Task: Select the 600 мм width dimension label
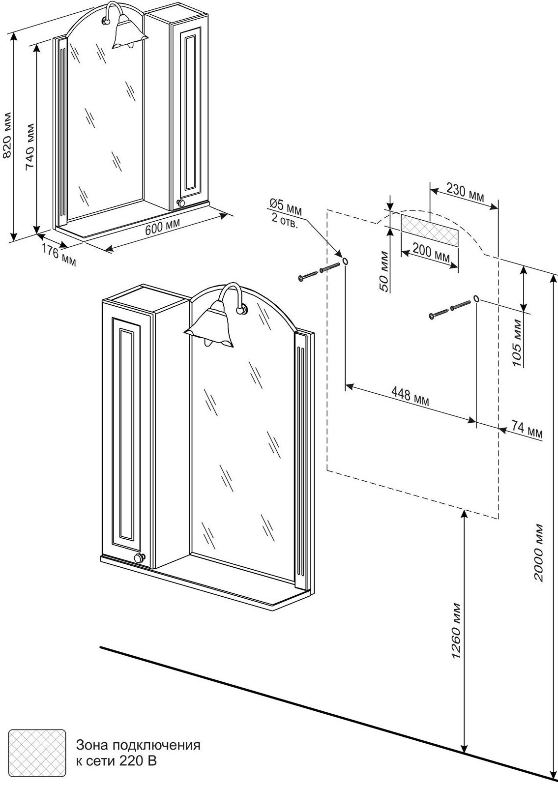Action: [x=163, y=227]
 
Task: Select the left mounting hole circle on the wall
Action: [x=345, y=261]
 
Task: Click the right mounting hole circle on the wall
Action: [x=476, y=298]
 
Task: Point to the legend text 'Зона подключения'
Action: [x=138, y=745]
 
